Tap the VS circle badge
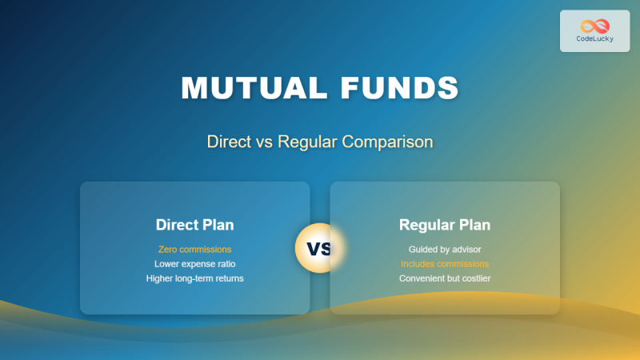pos(319,248)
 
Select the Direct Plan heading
pos(194,225)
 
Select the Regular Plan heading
pos(445,225)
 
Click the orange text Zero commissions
pos(194,249)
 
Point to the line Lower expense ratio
pos(194,263)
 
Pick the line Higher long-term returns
pos(194,278)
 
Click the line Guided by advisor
pos(445,249)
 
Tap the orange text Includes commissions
pos(445,263)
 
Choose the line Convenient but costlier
pos(445,278)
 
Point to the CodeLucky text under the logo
pos(594,39)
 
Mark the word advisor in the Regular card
pos(465,249)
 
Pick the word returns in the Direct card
pos(226,278)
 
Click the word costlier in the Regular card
pos(473,278)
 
